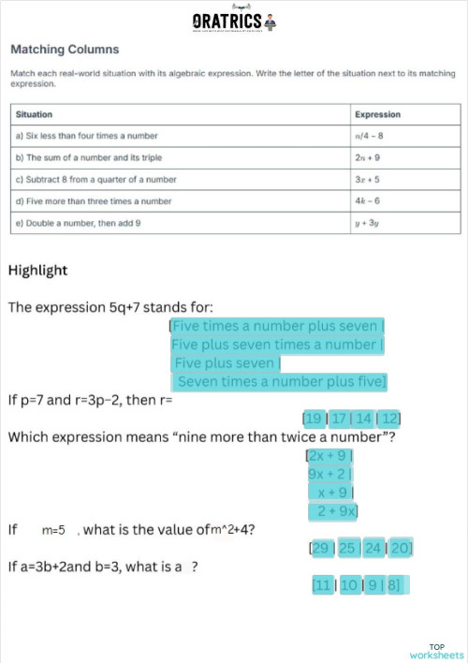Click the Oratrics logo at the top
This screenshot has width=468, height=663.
(233, 21)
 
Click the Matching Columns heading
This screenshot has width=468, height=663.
(65, 49)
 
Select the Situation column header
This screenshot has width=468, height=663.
(35, 114)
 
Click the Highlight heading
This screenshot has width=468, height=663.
(37, 271)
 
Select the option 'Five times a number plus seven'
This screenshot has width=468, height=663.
(275, 327)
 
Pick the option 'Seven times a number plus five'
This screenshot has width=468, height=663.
(279, 382)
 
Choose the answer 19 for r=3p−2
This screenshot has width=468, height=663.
(314, 418)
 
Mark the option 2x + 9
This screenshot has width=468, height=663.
(329, 456)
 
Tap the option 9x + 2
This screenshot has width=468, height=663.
(329, 474)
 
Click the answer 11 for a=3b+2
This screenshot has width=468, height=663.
(324, 585)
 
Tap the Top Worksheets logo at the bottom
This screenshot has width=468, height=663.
(436, 651)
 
